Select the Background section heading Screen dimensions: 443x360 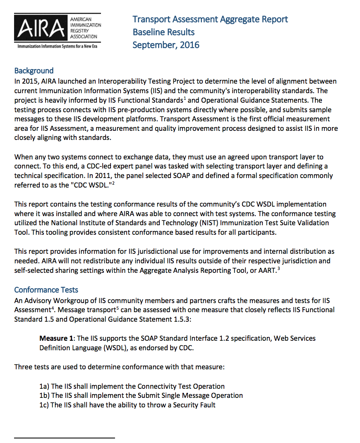pyautogui.click(x=34, y=71)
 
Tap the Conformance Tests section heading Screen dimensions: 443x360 pyautogui.click(x=46, y=290)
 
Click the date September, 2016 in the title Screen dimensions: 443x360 pyautogui.click(x=166, y=45)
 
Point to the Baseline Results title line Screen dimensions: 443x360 pyautogui.click(x=163, y=32)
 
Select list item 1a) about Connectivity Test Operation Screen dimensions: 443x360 pyautogui.click(x=132, y=386)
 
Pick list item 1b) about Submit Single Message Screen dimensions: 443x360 pyautogui.click(x=141, y=395)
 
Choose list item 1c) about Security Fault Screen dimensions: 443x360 pyautogui.click(x=127, y=405)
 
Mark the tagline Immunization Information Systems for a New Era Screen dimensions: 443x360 pyautogui.click(x=57, y=47)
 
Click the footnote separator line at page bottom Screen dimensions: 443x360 pyautogui.click(x=64, y=437)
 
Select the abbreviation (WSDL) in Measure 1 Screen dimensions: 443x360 pyautogui.click(x=114, y=348)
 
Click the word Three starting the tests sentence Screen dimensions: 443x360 pyautogui.click(x=23, y=367)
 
